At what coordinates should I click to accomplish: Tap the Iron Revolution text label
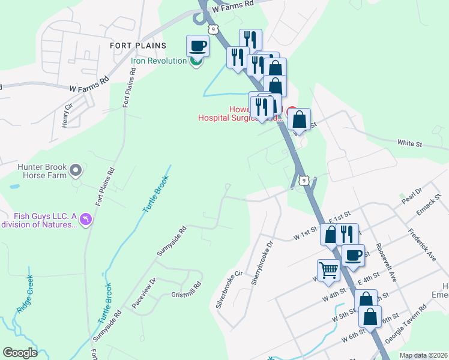point(159,61)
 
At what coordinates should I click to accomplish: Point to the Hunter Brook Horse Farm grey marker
point(76,170)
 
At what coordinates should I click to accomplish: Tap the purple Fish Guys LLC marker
point(86,220)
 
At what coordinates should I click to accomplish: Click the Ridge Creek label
point(25,294)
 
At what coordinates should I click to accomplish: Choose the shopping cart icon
point(328,270)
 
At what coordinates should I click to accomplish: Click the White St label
point(410,144)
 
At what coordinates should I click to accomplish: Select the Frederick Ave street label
point(421,244)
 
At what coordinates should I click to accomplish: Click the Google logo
point(20,353)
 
